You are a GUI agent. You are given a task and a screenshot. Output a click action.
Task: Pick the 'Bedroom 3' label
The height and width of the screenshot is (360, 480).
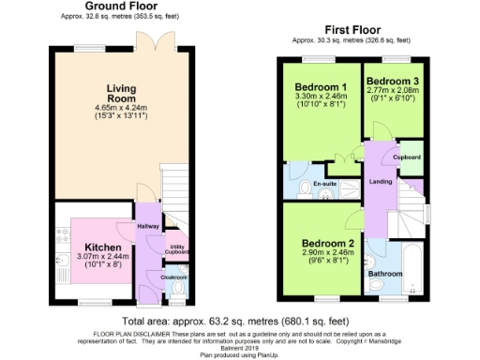(391, 81)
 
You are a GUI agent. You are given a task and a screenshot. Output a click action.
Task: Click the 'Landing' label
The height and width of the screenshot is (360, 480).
(381, 181)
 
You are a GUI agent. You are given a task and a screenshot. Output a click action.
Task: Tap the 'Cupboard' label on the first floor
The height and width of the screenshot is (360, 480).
(407, 157)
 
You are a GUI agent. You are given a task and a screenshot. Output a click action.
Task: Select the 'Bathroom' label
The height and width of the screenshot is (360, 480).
(384, 274)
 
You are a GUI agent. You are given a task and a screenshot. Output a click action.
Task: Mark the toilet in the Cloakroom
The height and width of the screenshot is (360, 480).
(177, 299)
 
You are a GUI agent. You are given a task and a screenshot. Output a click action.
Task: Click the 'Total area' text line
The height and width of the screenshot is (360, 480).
(240, 320)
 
